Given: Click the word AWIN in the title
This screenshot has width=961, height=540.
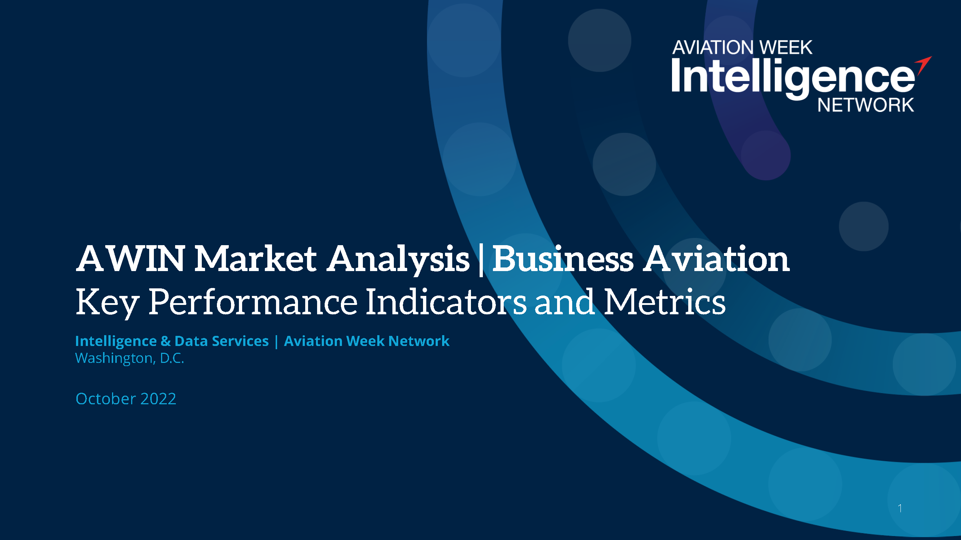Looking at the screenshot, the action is [130, 258].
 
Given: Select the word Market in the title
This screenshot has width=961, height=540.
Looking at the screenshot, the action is [255, 258].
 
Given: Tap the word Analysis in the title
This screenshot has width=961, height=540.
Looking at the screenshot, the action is [398, 261].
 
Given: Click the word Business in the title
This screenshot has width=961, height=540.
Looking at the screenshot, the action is [563, 258].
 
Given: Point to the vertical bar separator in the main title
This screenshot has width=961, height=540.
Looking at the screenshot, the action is [481, 260].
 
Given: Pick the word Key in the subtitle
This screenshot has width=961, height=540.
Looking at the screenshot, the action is [107, 303].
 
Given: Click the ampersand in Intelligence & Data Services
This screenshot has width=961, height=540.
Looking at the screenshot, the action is [166, 341].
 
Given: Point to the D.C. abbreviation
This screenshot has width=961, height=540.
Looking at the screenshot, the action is [172, 358].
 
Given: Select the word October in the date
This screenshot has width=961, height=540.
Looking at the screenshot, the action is [106, 399].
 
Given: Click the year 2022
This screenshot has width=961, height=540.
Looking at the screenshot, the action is [158, 399].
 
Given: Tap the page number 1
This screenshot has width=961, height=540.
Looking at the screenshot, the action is [900, 508].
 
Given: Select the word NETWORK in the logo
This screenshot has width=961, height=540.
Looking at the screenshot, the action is [866, 105].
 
